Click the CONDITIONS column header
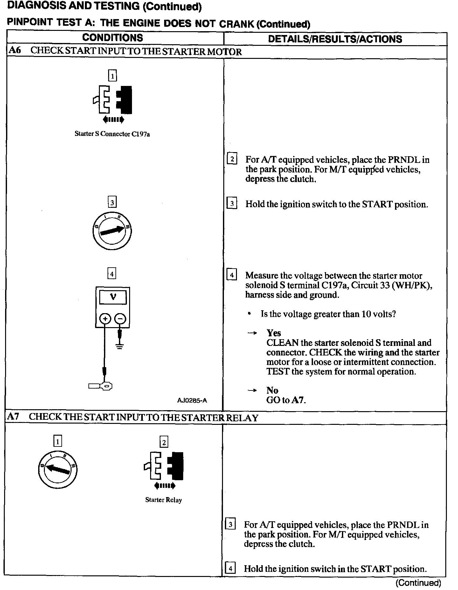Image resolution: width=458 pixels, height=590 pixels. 113,38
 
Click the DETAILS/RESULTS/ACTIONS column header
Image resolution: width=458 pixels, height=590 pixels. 335,39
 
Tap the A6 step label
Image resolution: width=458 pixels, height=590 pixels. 14,51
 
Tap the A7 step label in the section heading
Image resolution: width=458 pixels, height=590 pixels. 13,417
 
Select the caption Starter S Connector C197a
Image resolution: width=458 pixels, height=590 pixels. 112,134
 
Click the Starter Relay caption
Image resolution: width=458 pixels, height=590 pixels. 163,500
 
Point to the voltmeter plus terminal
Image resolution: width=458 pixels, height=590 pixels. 105,319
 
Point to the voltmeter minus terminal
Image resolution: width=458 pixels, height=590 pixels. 120,319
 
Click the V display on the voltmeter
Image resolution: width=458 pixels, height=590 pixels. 113,297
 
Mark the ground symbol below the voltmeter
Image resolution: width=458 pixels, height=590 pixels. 120,346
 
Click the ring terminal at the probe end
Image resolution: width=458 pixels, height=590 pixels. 108,386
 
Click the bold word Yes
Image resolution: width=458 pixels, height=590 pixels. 274,333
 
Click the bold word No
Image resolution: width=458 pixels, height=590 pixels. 272,390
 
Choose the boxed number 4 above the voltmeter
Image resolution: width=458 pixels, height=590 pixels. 112,273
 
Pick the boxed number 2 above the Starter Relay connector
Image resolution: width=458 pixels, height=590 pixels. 164,442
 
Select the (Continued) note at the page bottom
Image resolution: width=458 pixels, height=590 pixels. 418,583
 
